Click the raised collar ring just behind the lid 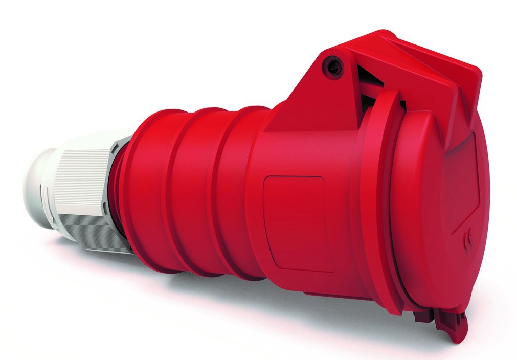point(373,205)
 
